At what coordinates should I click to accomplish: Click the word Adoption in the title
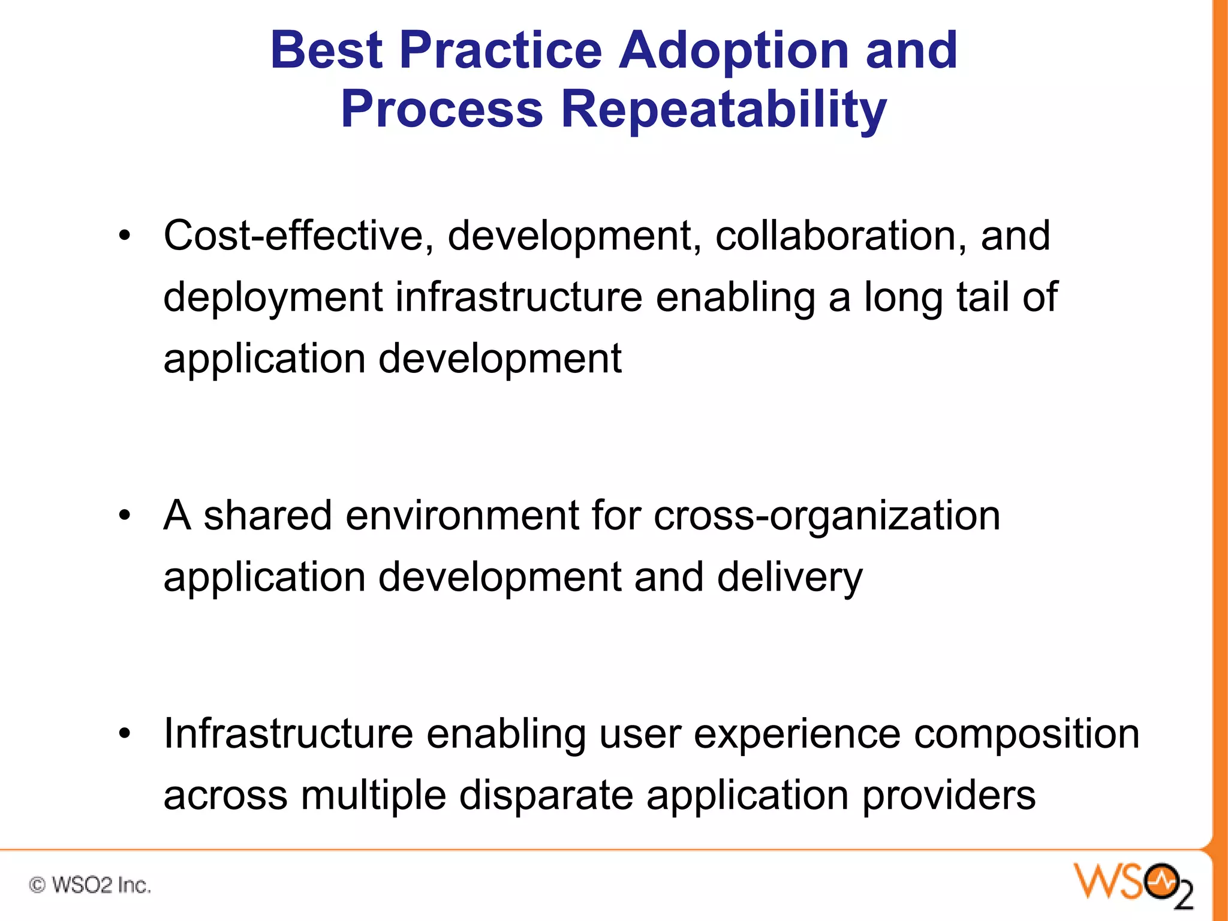click(733, 50)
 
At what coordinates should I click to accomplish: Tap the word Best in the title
click(326, 50)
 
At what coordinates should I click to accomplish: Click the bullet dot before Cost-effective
click(124, 236)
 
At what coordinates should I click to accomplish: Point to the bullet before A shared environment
click(124, 516)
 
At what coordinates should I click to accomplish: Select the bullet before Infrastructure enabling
click(124, 734)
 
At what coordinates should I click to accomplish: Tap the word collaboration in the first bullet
click(840, 235)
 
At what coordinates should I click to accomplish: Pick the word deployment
click(273, 298)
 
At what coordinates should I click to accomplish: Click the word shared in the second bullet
click(267, 516)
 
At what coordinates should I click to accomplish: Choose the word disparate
click(546, 796)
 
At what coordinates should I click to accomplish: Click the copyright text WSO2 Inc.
click(90, 885)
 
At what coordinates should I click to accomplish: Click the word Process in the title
click(442, 110)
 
